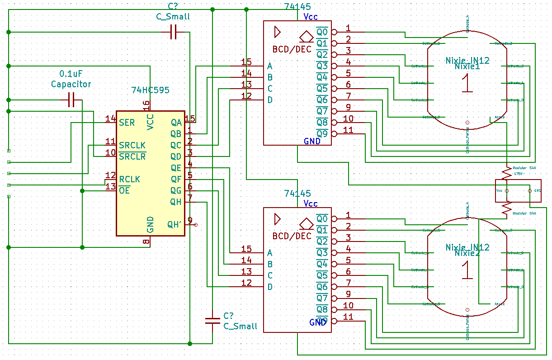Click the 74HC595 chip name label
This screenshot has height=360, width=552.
[150, 90]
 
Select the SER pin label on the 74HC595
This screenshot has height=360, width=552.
[127, 123]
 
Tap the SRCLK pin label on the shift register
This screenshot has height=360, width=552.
[132, 145]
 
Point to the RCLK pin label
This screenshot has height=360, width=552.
[129, 179]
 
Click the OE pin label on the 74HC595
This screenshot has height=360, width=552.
[124, 190]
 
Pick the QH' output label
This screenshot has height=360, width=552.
[175, 224]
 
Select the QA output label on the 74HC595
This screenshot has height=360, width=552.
[176, 123]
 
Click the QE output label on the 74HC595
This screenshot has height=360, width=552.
[176, 168]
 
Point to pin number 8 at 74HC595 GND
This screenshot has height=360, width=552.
[146, 242]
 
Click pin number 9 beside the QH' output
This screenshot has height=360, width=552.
[190, 220]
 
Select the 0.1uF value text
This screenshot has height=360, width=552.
[71, 74]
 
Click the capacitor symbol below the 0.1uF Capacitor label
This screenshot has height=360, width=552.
[71, 100]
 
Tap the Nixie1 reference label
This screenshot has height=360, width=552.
[467, 66]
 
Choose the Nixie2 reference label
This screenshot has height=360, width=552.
[467, 253]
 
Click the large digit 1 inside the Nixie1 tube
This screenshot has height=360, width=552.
[467, 84]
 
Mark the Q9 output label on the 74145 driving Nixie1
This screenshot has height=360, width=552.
[322, 134]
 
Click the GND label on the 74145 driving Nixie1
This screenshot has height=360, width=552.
[312, 141]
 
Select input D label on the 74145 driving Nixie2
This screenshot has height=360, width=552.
[270, 287]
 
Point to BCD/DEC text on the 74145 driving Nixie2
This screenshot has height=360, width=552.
[292, 236]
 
